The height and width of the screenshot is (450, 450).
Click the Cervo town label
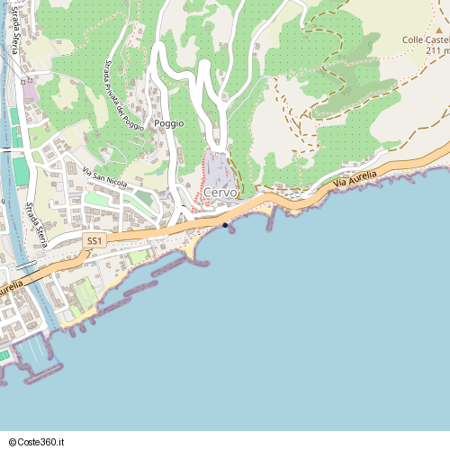coord(220,193)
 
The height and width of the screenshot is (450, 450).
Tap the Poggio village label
coord(168,123)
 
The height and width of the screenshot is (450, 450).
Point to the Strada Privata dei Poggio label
coord(123,95)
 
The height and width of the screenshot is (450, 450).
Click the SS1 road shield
coord(94,241)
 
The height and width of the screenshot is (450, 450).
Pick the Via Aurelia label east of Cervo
coord(353,181)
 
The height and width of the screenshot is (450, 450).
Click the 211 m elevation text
coord(434,50)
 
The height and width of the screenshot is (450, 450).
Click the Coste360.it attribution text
coord(44,442)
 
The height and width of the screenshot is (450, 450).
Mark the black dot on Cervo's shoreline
coord(225,225)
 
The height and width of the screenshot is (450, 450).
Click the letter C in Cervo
coord(209,193)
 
